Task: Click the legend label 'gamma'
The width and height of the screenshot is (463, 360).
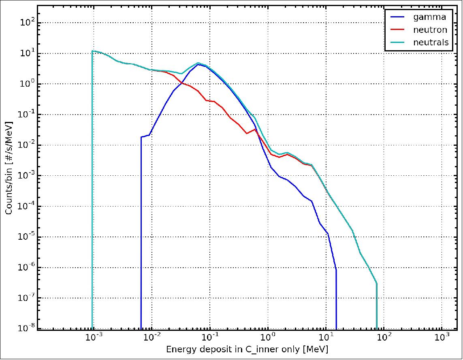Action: (x=430, y=17)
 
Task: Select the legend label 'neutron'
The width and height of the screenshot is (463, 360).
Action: (x=430, y=30)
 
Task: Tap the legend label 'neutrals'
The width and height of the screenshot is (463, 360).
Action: (x=431, y=42)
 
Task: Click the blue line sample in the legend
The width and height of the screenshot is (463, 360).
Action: (x=397, y=17)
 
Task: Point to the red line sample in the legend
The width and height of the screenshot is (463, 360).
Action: (x=397, y=30)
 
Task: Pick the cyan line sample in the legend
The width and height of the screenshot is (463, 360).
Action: (x=397, y=42)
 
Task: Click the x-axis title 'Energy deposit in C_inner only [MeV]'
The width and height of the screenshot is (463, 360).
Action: (x=247, y=349)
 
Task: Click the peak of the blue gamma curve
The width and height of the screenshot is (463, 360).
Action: (x=198, y=64)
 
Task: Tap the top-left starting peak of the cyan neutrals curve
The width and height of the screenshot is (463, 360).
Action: (x=93, y=51)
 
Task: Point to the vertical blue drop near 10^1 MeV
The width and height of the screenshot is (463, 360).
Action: (x=336, y=300)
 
